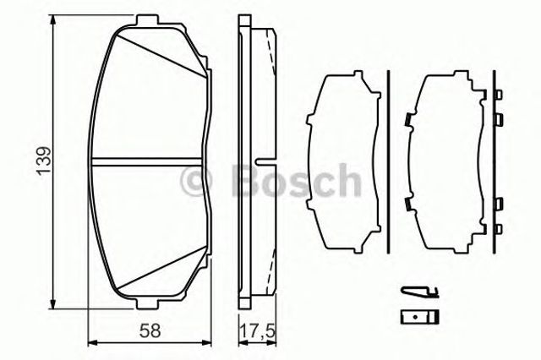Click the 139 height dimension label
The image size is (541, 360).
click(45, 161)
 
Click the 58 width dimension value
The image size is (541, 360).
click(150, 331)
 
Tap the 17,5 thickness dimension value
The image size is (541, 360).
click(258, 331)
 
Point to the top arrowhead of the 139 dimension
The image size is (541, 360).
click(52, 20)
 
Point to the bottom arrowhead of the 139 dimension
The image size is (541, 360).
click(52, 303)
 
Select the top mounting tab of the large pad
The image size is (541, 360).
click(147, 20)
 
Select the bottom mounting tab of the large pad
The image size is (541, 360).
click(147, 303)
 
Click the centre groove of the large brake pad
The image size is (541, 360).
click(146, 161)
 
